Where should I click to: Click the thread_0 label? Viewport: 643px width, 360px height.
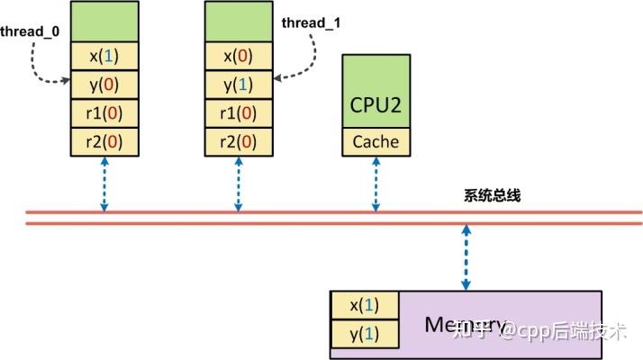point(30,31)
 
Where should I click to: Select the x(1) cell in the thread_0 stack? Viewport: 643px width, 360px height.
point(104,56)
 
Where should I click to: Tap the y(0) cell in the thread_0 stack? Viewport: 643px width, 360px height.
point(104,85)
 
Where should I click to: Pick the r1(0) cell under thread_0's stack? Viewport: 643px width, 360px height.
point(104,112)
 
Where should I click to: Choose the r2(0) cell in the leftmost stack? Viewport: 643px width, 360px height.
point(104,140)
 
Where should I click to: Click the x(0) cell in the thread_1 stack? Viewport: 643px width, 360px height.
point(239,56)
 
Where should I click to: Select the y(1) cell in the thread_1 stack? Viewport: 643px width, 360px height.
point(239,85)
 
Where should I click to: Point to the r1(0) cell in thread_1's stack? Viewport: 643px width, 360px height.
point(239,112)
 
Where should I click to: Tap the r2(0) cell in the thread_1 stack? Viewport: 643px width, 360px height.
point(239,140)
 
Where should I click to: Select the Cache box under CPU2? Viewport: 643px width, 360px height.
point(376,141)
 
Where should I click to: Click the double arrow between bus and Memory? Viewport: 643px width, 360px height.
point(466,257)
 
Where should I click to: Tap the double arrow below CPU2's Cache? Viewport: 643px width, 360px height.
point(376,184)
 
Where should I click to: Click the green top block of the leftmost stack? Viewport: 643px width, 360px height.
point(104,22)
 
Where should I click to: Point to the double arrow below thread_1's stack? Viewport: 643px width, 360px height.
point(239,184)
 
